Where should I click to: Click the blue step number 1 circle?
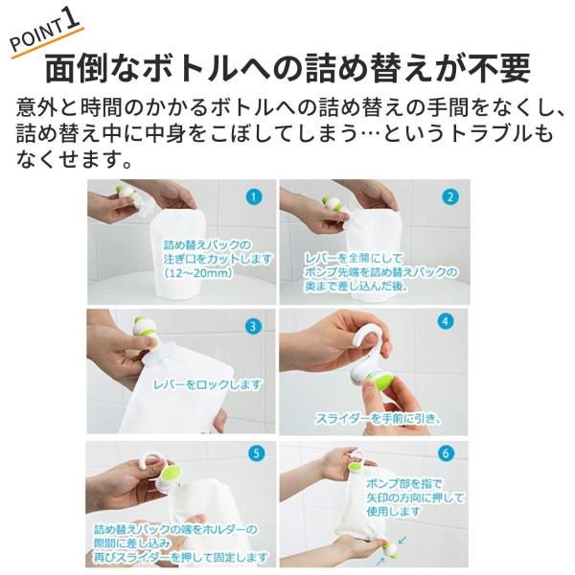[253, 197]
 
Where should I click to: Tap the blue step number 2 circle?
[450, 197]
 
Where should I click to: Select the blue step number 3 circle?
[253, 326]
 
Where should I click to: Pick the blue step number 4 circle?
[445, 322]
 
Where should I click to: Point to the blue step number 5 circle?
[256, 453]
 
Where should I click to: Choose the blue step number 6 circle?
[446, 453]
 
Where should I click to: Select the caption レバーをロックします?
[208, 384]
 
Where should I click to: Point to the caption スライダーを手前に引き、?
[378, 419]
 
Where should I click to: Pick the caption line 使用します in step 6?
[393, 511]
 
